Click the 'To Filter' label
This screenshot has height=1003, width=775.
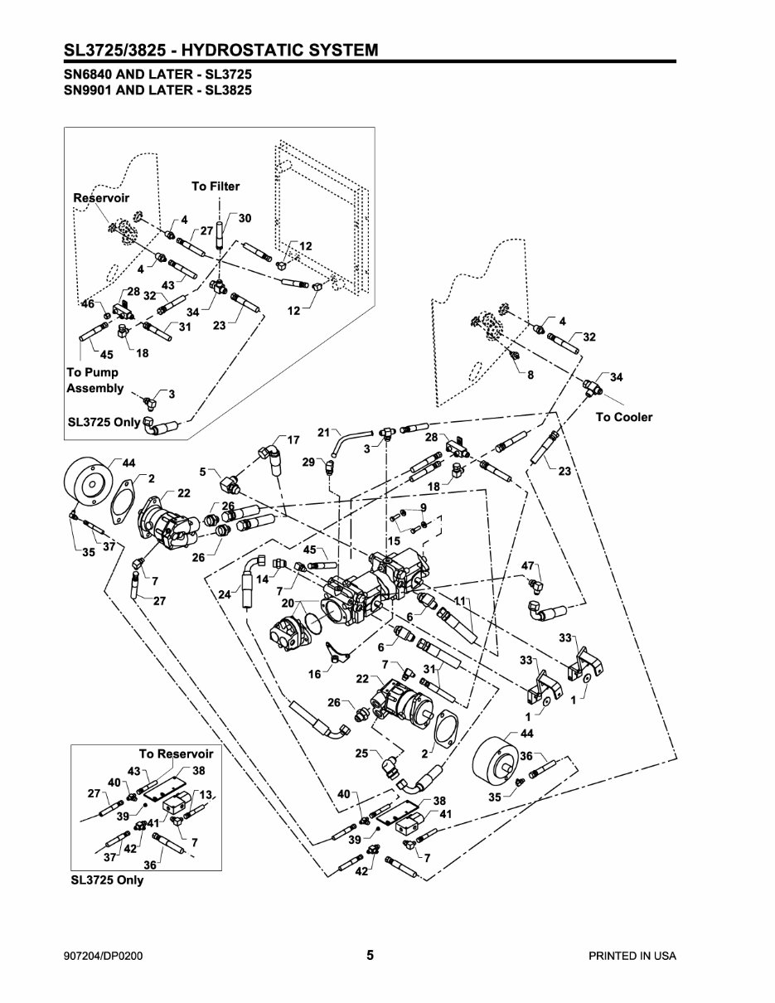pos(216,187)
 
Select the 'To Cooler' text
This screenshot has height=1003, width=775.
pos(623,417)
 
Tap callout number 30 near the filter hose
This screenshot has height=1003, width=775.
pos(245,218)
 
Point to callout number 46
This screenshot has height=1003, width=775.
pos(87,305)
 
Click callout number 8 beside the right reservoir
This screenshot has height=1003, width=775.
pos(530,375)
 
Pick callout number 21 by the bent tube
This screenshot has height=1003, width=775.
pos(324,432)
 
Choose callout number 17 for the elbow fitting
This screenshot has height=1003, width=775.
pos(293,439)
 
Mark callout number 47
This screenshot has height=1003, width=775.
pos(527,565)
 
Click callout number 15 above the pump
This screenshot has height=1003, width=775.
pos(394,540)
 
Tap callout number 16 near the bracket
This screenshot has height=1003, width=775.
pos(314,675)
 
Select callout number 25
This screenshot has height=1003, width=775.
pos(361,753)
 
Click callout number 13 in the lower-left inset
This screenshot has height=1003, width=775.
pos(206,794)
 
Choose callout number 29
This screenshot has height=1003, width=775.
pos(308,462)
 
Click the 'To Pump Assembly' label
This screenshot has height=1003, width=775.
pos(94,380)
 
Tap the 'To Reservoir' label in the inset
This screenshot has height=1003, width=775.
pos(176,753)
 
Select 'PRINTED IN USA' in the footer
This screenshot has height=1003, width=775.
pos(632,956)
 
